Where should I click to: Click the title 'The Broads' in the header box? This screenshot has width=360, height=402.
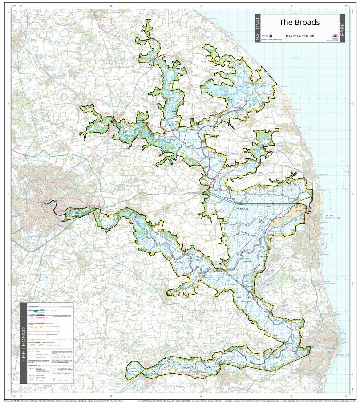coord(299,22)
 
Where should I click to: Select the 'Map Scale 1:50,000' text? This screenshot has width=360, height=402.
coord(299,36)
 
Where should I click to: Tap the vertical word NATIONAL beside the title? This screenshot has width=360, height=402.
coord(257,28)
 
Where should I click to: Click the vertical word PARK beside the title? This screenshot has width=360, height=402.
coord(342,28)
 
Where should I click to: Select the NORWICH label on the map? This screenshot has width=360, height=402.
coord(71,215)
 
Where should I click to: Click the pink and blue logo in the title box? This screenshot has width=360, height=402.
coord(334,37)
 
